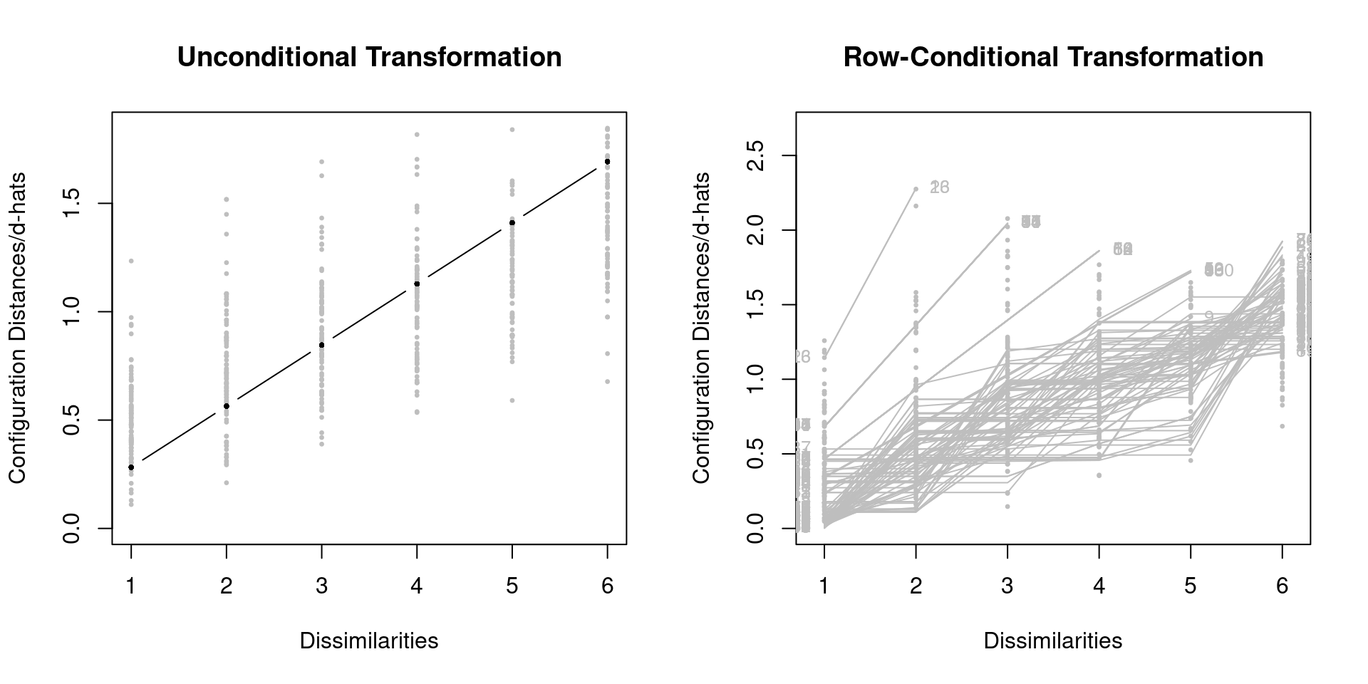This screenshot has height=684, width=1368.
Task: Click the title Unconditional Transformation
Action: click(x=369, y=57)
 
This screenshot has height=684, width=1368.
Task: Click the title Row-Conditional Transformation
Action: click(x=1053, y=57)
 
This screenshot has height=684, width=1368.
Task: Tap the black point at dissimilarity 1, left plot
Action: click(x=131, y=467)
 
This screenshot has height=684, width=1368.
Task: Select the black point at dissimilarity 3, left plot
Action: click(x=321, y=345)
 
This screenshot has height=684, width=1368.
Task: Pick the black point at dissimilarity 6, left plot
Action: click(x=607, y=162)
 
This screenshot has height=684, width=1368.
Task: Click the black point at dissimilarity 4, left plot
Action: click(x=417, y=284)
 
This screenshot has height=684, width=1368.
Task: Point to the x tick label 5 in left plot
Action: click(x=512, y=586)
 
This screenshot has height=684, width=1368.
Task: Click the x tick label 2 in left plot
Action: click(x=227, y=586)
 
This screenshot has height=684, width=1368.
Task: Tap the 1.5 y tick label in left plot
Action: click(x=71, y=204)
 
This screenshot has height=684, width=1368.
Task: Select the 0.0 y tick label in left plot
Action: click(x=71, y=528)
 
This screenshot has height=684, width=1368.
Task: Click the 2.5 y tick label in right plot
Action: click(x=755, y=155)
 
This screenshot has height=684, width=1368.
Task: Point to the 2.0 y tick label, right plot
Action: click(x=755, y=230)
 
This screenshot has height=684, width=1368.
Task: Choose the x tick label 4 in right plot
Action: click(x=1099, y=586)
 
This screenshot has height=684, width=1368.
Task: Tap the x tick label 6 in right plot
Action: click(x=1282, y=586)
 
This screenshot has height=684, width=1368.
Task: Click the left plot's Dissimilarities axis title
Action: click(x=369, y=641)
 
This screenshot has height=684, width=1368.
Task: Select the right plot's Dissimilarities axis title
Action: click(x=1053, y=641)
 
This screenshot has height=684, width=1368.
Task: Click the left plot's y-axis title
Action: click(x=17, y=328)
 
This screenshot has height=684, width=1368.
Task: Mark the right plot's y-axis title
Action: click(x=701, y=328)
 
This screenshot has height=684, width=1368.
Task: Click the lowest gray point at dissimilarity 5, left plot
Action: click(x=512, y=400)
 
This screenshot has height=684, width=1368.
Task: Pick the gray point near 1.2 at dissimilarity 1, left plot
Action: click(x=131, y=261)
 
